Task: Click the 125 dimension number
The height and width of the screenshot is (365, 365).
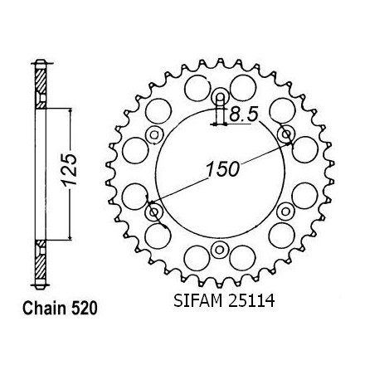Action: [x=69, y=170]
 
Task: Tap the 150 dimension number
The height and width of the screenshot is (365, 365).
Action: [x=222, y=169]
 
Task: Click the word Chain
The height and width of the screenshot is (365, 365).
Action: [x=44, y=309]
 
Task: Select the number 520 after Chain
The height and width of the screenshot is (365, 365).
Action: [x=84, y=309]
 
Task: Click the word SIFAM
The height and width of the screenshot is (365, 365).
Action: [x=197, y=300]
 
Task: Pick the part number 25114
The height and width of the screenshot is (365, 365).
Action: [x=251, y=300]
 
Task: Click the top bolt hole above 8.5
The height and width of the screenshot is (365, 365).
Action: [x=220, y=97]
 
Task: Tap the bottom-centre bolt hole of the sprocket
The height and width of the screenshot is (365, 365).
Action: [x=220, y=250]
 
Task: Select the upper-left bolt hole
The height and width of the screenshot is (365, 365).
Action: [x=154, y=135]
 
